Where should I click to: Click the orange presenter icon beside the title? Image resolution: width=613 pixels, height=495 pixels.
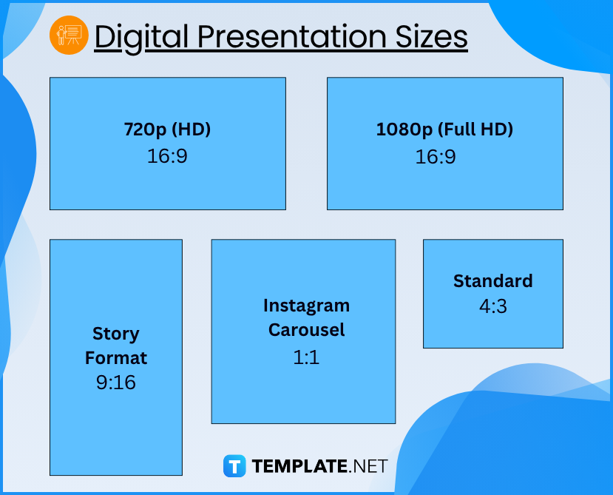[x=69, y=36]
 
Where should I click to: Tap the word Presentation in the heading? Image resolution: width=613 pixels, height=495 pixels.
[x=291, y=37]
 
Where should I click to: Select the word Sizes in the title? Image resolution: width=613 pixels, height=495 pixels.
[x=431, y=37]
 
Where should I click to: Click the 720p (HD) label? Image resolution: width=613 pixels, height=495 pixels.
[x=167, y=129]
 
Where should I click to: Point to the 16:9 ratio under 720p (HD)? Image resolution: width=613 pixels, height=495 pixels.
[x=167, y=156]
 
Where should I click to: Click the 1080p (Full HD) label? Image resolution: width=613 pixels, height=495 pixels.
[x=444, y=129]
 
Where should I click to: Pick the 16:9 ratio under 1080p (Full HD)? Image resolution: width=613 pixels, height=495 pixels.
[x=436, y=157]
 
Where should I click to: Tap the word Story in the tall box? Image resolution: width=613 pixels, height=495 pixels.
[x=115, y=334]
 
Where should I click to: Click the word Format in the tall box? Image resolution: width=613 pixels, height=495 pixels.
[x=116, y=358]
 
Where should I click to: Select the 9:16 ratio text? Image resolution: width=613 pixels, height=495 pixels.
[x=116, y=383]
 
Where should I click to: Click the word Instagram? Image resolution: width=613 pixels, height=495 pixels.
[x=306, y=306]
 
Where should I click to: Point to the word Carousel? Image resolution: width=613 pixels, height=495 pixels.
[x=306, y=330]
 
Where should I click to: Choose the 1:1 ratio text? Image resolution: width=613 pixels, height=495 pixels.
[x=306, y=357]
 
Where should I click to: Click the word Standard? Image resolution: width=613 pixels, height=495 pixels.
[x=493, y=281]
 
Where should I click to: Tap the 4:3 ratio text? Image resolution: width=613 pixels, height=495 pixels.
[x=493, y=306]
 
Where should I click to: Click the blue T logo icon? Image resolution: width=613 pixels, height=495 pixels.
[x=234, y=466]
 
